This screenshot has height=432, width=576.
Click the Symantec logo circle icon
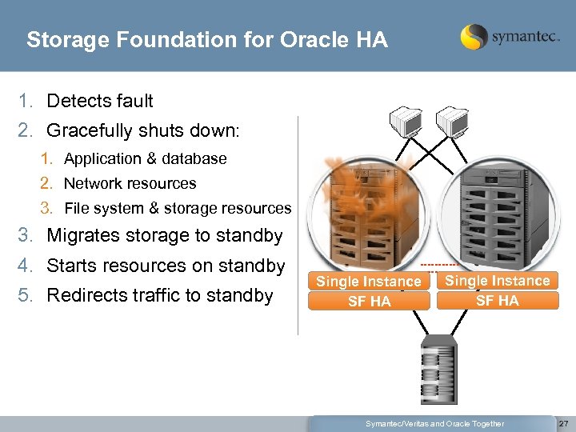pyautogui.click(x=474, y=37)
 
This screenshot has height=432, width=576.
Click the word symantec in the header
pyautogui.click(x=524, y=37)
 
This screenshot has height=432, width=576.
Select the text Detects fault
pyautogui.click(x=100, y=101)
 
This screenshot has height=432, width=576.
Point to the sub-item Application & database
pyautogui.click(x=145, y=158)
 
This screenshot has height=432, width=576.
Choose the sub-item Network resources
pyautogui.click(x=130, y=183)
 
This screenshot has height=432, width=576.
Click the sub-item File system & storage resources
pyautogui.click(x=178, y=208)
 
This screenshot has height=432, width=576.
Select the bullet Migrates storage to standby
pyautogui.click(x=164, y=235)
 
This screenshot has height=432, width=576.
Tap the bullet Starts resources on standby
pyautogui.click(x=166, y=265)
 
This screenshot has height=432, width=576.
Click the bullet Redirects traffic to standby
pyautogui.click(x=160, y=295)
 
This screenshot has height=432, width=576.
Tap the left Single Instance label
pyautogui.click(x=368, y=282)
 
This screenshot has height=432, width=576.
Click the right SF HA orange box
pyautogui.click(x=497, y=301)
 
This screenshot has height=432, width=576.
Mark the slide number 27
pyautogui.click(x=563, y=423)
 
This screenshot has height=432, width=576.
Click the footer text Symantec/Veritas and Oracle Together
pyautogui.click(x=434, y=423)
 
